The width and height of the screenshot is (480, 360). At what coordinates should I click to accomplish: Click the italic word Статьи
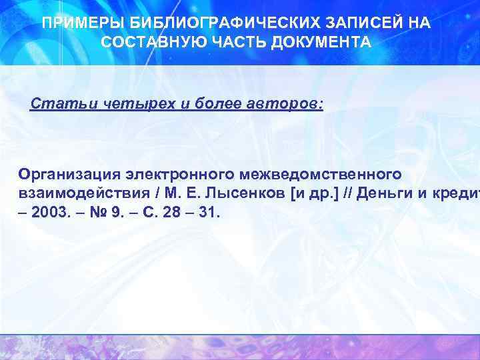point(57,104)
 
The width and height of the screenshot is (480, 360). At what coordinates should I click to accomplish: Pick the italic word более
point(213,104)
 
